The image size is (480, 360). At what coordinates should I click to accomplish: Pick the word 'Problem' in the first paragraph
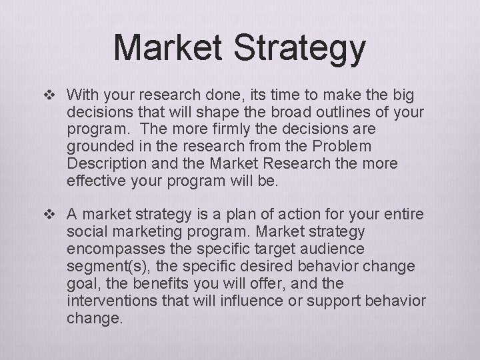click(x=363, y=146)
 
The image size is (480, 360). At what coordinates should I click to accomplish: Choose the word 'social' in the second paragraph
click(x=83, y=231)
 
